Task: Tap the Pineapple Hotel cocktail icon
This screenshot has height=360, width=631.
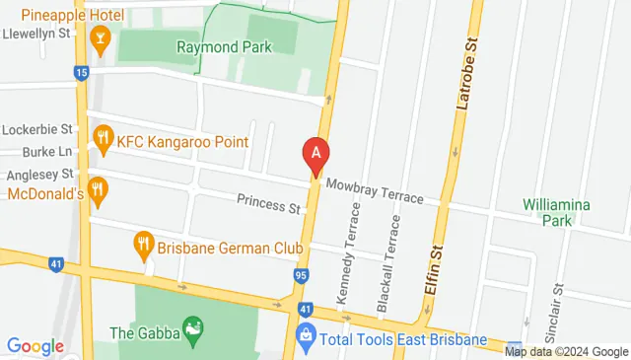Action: click(99, 40)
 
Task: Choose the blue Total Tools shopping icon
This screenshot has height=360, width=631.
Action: click(306, 339)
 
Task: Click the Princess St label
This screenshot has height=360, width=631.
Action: click(268, 207)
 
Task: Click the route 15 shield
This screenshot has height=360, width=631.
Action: click(82, 72)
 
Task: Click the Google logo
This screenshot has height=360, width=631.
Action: click(35, 346)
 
